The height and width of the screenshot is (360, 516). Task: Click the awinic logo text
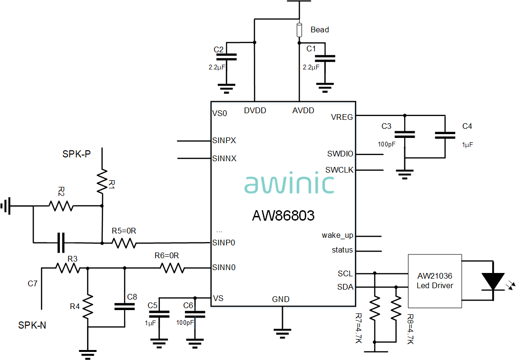289,184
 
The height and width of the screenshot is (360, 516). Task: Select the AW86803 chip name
283,216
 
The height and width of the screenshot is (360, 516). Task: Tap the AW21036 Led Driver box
435,281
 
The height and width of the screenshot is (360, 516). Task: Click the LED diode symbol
493,281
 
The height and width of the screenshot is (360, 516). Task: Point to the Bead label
320,29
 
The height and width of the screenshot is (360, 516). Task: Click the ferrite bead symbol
300,30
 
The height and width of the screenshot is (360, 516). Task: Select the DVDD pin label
255,110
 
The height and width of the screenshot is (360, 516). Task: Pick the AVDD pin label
303,110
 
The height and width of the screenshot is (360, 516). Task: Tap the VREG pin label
342,117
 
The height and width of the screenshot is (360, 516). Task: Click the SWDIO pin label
340,154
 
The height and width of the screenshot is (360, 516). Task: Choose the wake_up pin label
337,235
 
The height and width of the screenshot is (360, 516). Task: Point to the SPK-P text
77,154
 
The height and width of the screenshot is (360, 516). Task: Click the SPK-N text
32,325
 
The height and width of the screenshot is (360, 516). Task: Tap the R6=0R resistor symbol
173,268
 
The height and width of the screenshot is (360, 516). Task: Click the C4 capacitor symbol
445,136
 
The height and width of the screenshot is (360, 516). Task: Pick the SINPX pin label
224,141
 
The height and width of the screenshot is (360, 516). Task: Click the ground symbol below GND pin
282,332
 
